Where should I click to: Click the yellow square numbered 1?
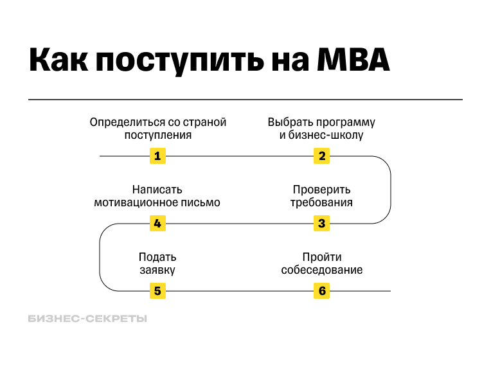157,156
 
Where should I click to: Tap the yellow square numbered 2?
322,156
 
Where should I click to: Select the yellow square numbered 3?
322,224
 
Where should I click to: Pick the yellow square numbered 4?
157,224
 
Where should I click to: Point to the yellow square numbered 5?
157,291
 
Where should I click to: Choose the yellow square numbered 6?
322,291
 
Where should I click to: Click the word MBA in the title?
354,61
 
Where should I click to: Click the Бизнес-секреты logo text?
87,319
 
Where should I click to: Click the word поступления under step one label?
157,135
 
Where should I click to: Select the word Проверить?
322,190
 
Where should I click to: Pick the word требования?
322,202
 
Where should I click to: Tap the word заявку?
157,270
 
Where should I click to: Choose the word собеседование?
322,270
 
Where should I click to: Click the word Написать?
157,190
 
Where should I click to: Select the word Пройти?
322,257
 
